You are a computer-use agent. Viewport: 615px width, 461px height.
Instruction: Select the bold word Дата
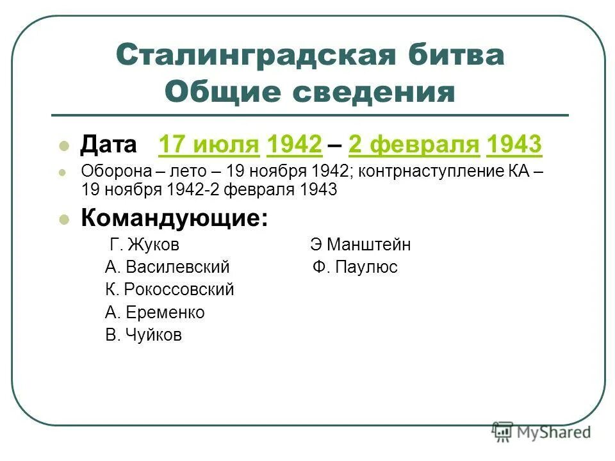[x=108, y=145]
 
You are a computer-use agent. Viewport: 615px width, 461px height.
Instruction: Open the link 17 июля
[x=209, y=145]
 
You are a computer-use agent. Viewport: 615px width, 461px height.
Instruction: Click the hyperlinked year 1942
[x=294, y=145]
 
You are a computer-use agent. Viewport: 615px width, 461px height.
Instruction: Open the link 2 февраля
[x=414, y=145]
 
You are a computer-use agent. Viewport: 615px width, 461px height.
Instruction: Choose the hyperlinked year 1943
[x=514, y=145]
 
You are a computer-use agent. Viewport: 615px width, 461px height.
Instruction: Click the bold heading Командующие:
[x=174, y=218]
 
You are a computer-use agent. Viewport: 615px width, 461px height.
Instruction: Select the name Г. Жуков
[x=145, y=245]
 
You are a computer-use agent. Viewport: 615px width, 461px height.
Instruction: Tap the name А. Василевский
[x=167, y=267]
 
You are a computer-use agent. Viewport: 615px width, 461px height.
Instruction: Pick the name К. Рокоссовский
[x=170, y=289]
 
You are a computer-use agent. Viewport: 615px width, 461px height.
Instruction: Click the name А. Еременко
[x=155, y=312]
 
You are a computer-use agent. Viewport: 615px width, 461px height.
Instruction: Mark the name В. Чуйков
[x=143, y=335]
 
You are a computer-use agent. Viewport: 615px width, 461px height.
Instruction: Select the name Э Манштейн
[x=361, y=245]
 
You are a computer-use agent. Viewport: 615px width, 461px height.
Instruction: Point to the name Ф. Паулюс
[x=356, y=267]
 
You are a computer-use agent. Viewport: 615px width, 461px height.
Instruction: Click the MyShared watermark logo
[x=541, y=432]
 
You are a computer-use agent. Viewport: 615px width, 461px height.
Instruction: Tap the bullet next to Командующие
[x=63, y=219]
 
